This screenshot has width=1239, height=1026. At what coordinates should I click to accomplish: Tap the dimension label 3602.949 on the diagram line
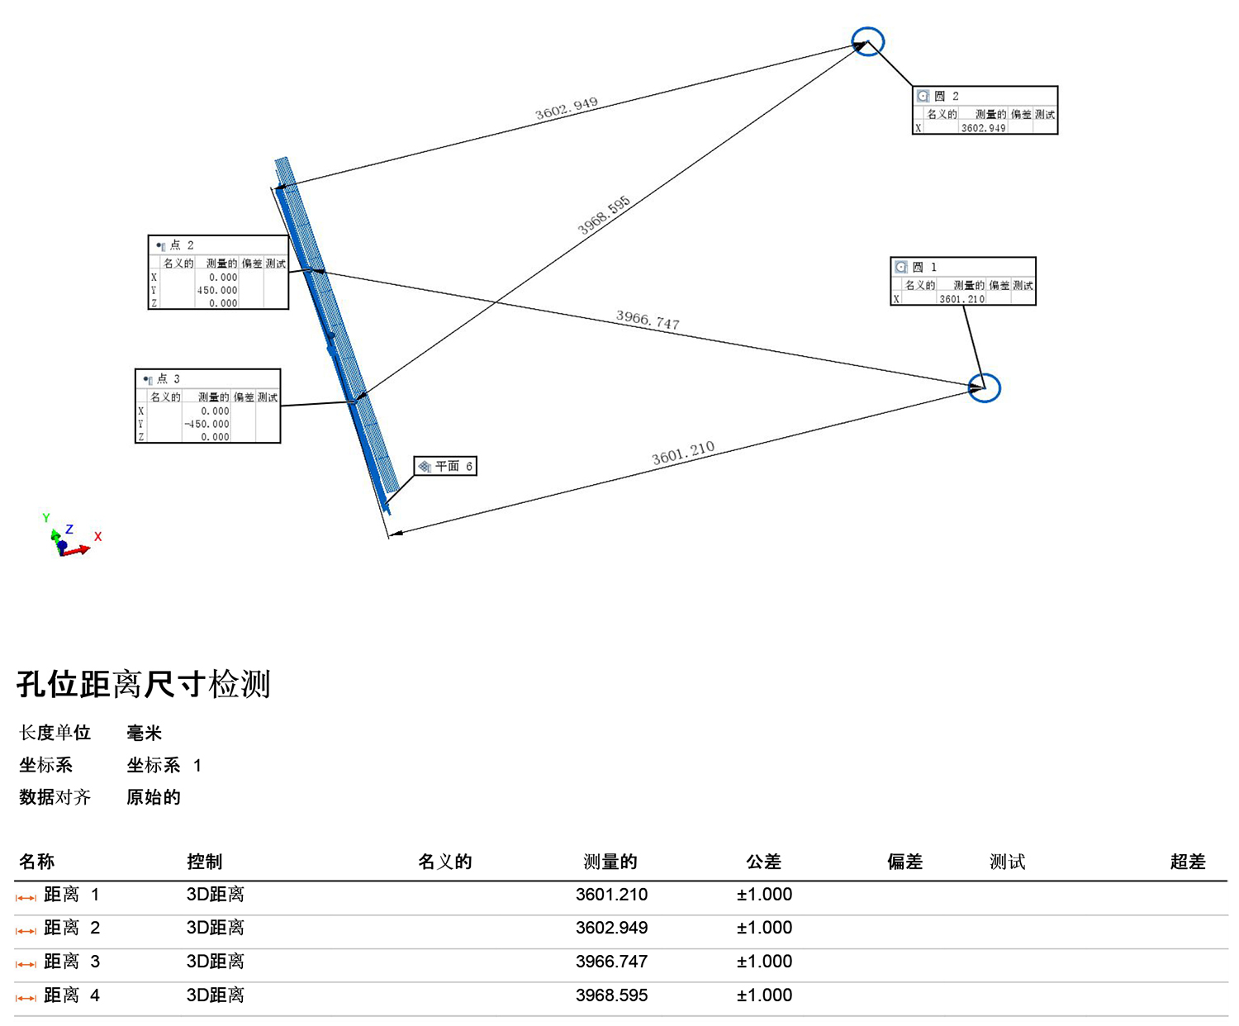coord(566,108)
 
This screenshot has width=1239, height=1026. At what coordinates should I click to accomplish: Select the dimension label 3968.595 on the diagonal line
coord(604,216)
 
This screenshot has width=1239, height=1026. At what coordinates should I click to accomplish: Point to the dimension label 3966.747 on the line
coord(648,320)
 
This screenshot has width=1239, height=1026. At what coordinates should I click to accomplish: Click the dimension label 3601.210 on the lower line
coord(683,453)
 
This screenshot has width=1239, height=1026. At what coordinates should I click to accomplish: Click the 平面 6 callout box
coord(445,466)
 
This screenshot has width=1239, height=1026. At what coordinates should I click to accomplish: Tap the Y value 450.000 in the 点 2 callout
coord(217,290)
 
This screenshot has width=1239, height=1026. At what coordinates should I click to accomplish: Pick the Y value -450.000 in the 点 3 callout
coord(206,424)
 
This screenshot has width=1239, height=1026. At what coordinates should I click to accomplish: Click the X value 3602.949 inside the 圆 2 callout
coord(983,127)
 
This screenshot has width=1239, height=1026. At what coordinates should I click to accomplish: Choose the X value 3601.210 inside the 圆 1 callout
coord(961,299)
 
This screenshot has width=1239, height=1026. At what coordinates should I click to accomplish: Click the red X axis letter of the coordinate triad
coord(98,536)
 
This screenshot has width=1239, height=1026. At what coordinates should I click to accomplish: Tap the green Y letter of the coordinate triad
coord(46,517)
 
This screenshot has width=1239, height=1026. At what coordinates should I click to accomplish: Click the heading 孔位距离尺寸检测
coord(144,684)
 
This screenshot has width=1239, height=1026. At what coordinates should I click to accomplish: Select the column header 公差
coord(764,861)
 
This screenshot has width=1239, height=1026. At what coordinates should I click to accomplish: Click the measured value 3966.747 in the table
coord(611,961)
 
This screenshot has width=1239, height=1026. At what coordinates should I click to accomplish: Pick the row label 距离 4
coord(72,995)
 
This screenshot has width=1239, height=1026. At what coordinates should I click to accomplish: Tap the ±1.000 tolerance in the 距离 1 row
coord(764,894)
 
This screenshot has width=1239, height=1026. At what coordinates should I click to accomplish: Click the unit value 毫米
coord(145,733)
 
